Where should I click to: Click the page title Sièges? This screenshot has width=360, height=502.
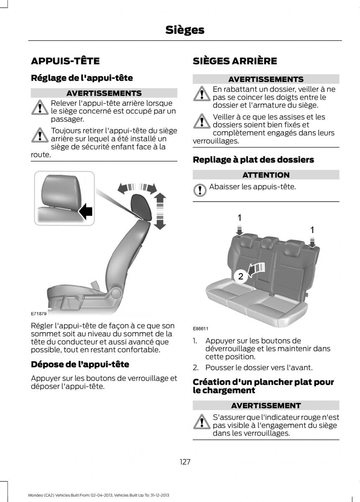(185, 30)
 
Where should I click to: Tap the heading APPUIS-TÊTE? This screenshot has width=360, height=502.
(65, 61)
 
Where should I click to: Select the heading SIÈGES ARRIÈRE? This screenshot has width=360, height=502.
(235, 61)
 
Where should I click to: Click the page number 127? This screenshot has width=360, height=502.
(185, 462)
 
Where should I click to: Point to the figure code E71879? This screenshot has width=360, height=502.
(39, 313)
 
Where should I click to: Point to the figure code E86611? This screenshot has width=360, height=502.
(201, 328)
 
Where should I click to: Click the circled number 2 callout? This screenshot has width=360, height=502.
(240, 277)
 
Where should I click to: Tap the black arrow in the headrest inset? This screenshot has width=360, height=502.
(85, 211)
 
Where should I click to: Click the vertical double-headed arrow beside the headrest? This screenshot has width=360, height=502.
(160, 211)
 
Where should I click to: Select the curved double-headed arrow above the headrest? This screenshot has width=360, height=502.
(137, 187)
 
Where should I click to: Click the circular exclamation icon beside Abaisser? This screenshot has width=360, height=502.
(199, 190)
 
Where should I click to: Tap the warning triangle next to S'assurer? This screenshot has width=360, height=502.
(202, 422)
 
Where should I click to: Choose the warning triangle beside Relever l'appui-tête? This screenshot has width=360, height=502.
(40, 108)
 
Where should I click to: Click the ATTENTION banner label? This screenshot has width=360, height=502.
(266, 175)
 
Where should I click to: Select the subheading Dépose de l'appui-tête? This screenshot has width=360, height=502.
(80, 364)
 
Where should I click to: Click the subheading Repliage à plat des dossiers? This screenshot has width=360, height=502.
(253, 160)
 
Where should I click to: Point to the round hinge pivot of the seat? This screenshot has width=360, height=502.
(116, 293)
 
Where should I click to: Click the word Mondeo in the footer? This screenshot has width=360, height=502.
(35, 495)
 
